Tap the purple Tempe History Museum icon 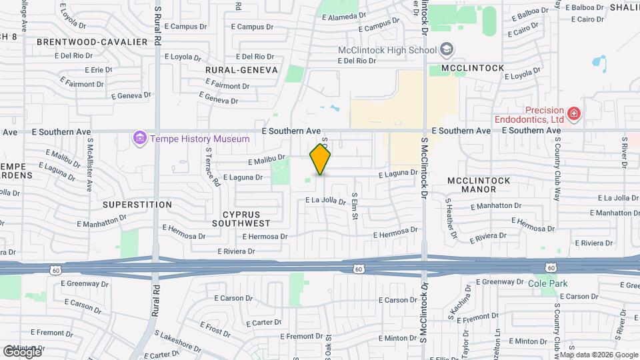tap(139, 139)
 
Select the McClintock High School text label tap(387, 50)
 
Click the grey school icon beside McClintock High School tap(446, 49)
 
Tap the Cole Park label tap(547, 283)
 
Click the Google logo tap(21, 351)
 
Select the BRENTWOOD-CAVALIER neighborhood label tap(92, 41)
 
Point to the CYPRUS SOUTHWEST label tap(241, 218)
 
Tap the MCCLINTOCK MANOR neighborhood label tap(479, 185)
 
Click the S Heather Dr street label tap(452, 217)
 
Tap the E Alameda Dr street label tap(343, 14)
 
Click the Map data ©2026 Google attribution tap(599, 355)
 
